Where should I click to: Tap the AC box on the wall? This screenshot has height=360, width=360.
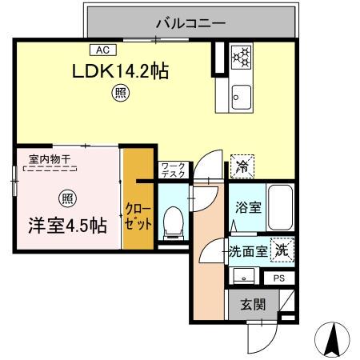(x=104, y=49)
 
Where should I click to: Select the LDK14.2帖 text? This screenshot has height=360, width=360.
(x=120, y=71)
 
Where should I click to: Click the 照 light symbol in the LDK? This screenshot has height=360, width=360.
(x=118, y=94)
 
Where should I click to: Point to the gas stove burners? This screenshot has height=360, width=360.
(x=241, y=57)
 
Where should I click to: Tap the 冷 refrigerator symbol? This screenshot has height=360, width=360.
(x=240, y=166)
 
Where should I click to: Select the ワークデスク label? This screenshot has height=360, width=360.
(x=173, y=168)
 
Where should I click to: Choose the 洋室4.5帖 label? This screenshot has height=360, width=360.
(x=57, y=226)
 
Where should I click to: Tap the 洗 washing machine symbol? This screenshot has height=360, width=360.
(x=282, y=250)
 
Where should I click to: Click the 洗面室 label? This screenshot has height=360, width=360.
(x=248, y=251)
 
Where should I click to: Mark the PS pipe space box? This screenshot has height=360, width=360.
(x=279, y=278)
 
